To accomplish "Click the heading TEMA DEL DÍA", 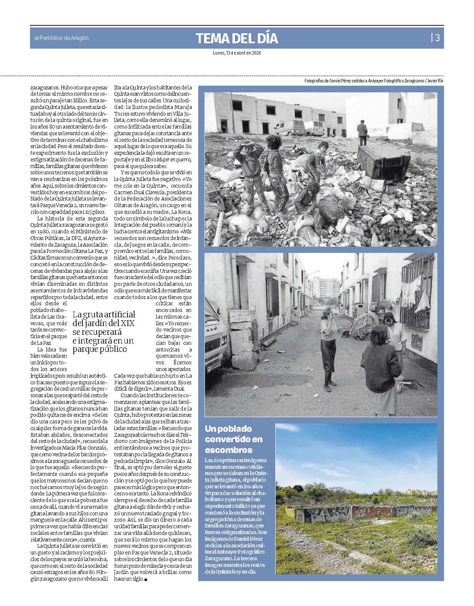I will tap(237, 39).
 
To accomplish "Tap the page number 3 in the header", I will tap(437, 38).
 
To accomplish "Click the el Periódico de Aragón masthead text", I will tap(61, 38).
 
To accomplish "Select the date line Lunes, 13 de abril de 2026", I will tap(237, 53).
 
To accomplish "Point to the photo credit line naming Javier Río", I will tap(374, 81).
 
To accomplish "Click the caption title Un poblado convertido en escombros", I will tap(229, 439).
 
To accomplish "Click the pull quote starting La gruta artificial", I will tap(104, 331).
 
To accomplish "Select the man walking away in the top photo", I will tap(362, 132).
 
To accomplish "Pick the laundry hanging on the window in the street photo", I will tap(411, 295).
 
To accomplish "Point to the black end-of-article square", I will tap(146, 579).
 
